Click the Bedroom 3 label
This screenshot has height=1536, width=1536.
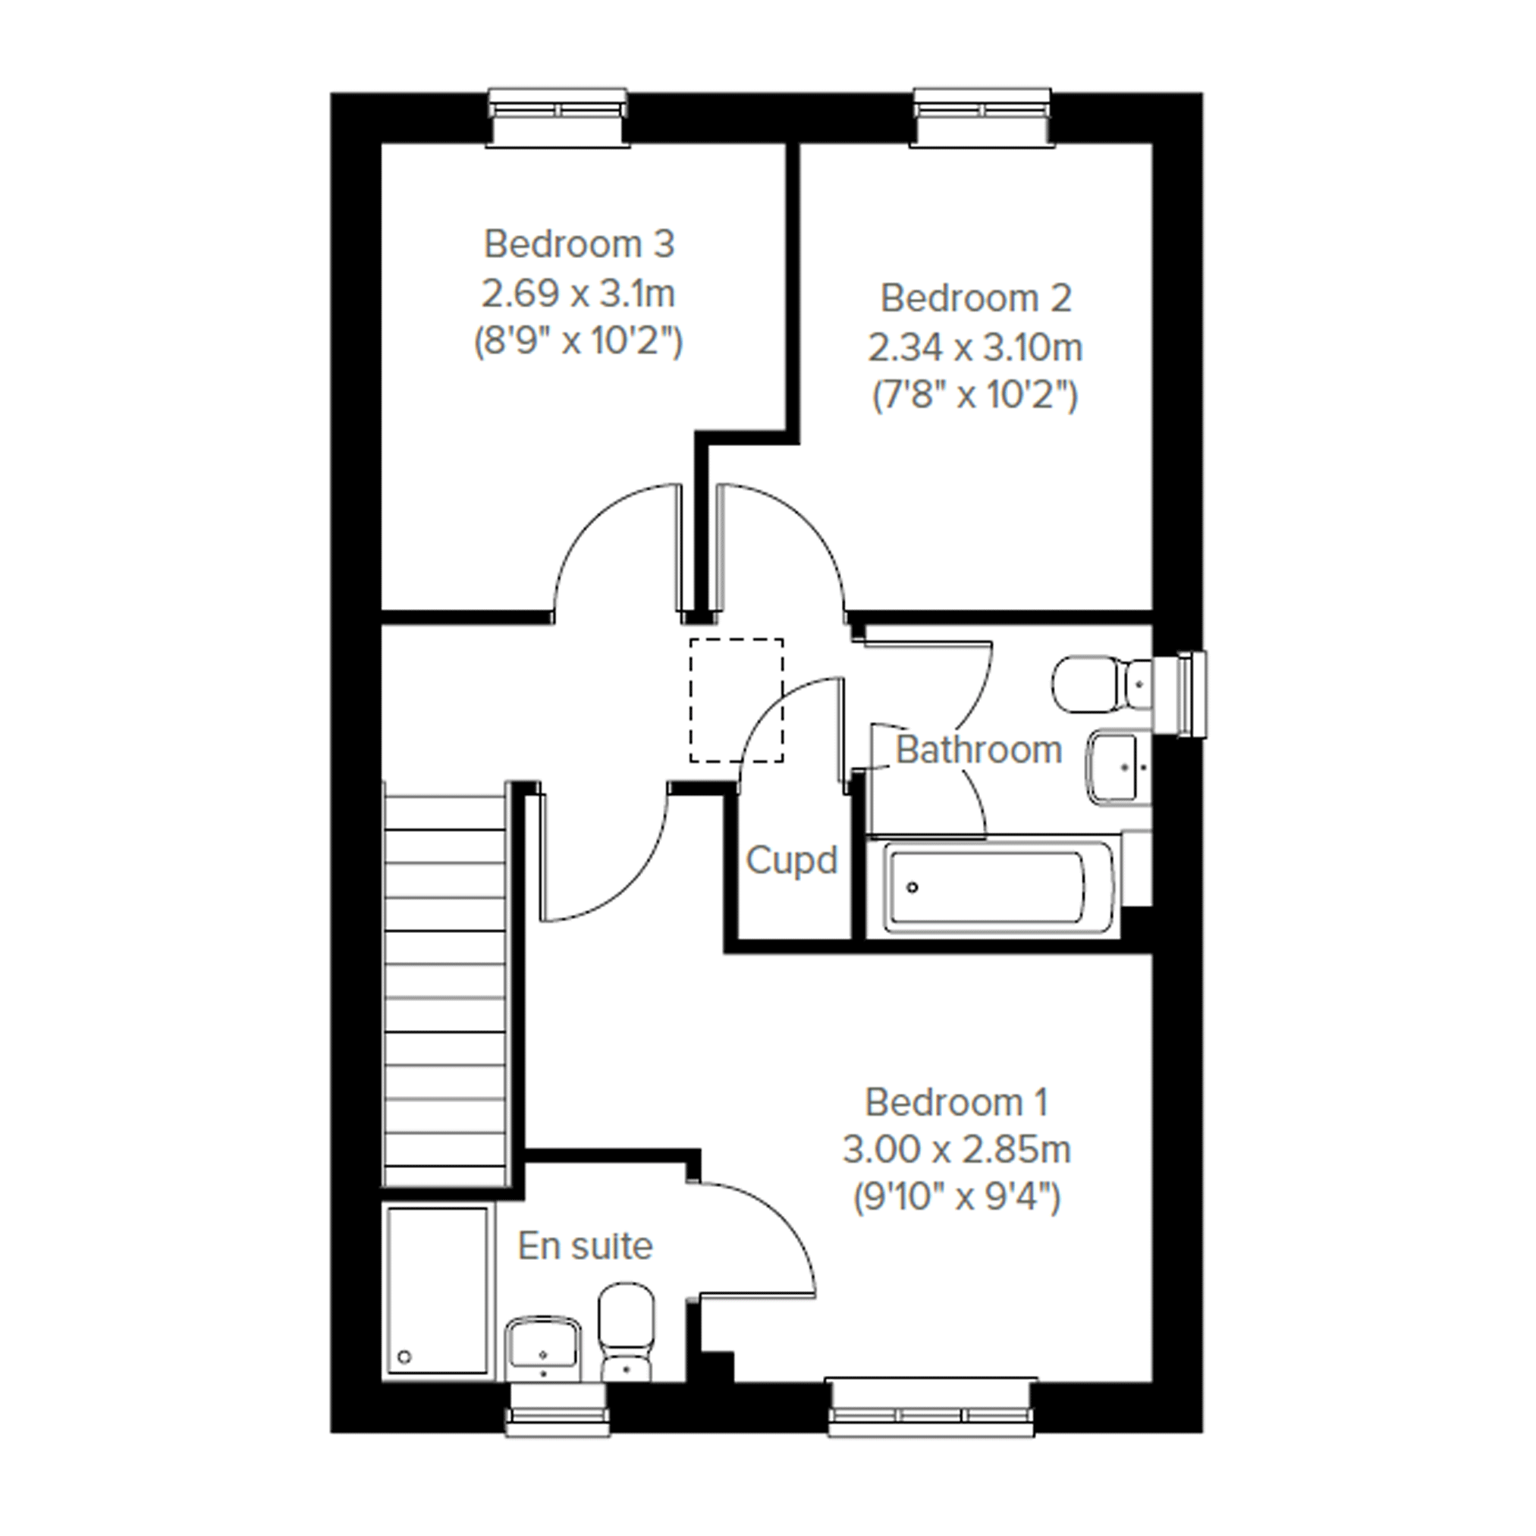click(579, 244)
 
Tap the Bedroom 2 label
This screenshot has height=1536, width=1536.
click(975, 298)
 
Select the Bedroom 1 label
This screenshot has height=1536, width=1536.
click(956, 1102)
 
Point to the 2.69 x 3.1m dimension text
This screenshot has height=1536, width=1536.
click(578, 294)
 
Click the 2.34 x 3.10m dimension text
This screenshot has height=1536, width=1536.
click(975, 348)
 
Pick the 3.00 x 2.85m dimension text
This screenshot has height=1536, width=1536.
click(956, 1150)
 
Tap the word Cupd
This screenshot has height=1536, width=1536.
click(792, 861)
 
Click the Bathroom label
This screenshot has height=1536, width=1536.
click(978, 749)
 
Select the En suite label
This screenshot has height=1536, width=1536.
click(585, 1245)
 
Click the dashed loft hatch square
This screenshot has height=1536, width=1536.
click(737, 700)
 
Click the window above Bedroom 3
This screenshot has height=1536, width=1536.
click(558, 117)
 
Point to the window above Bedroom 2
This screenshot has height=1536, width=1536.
click(984, 117)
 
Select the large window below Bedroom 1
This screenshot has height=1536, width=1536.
click(931, 1409)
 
